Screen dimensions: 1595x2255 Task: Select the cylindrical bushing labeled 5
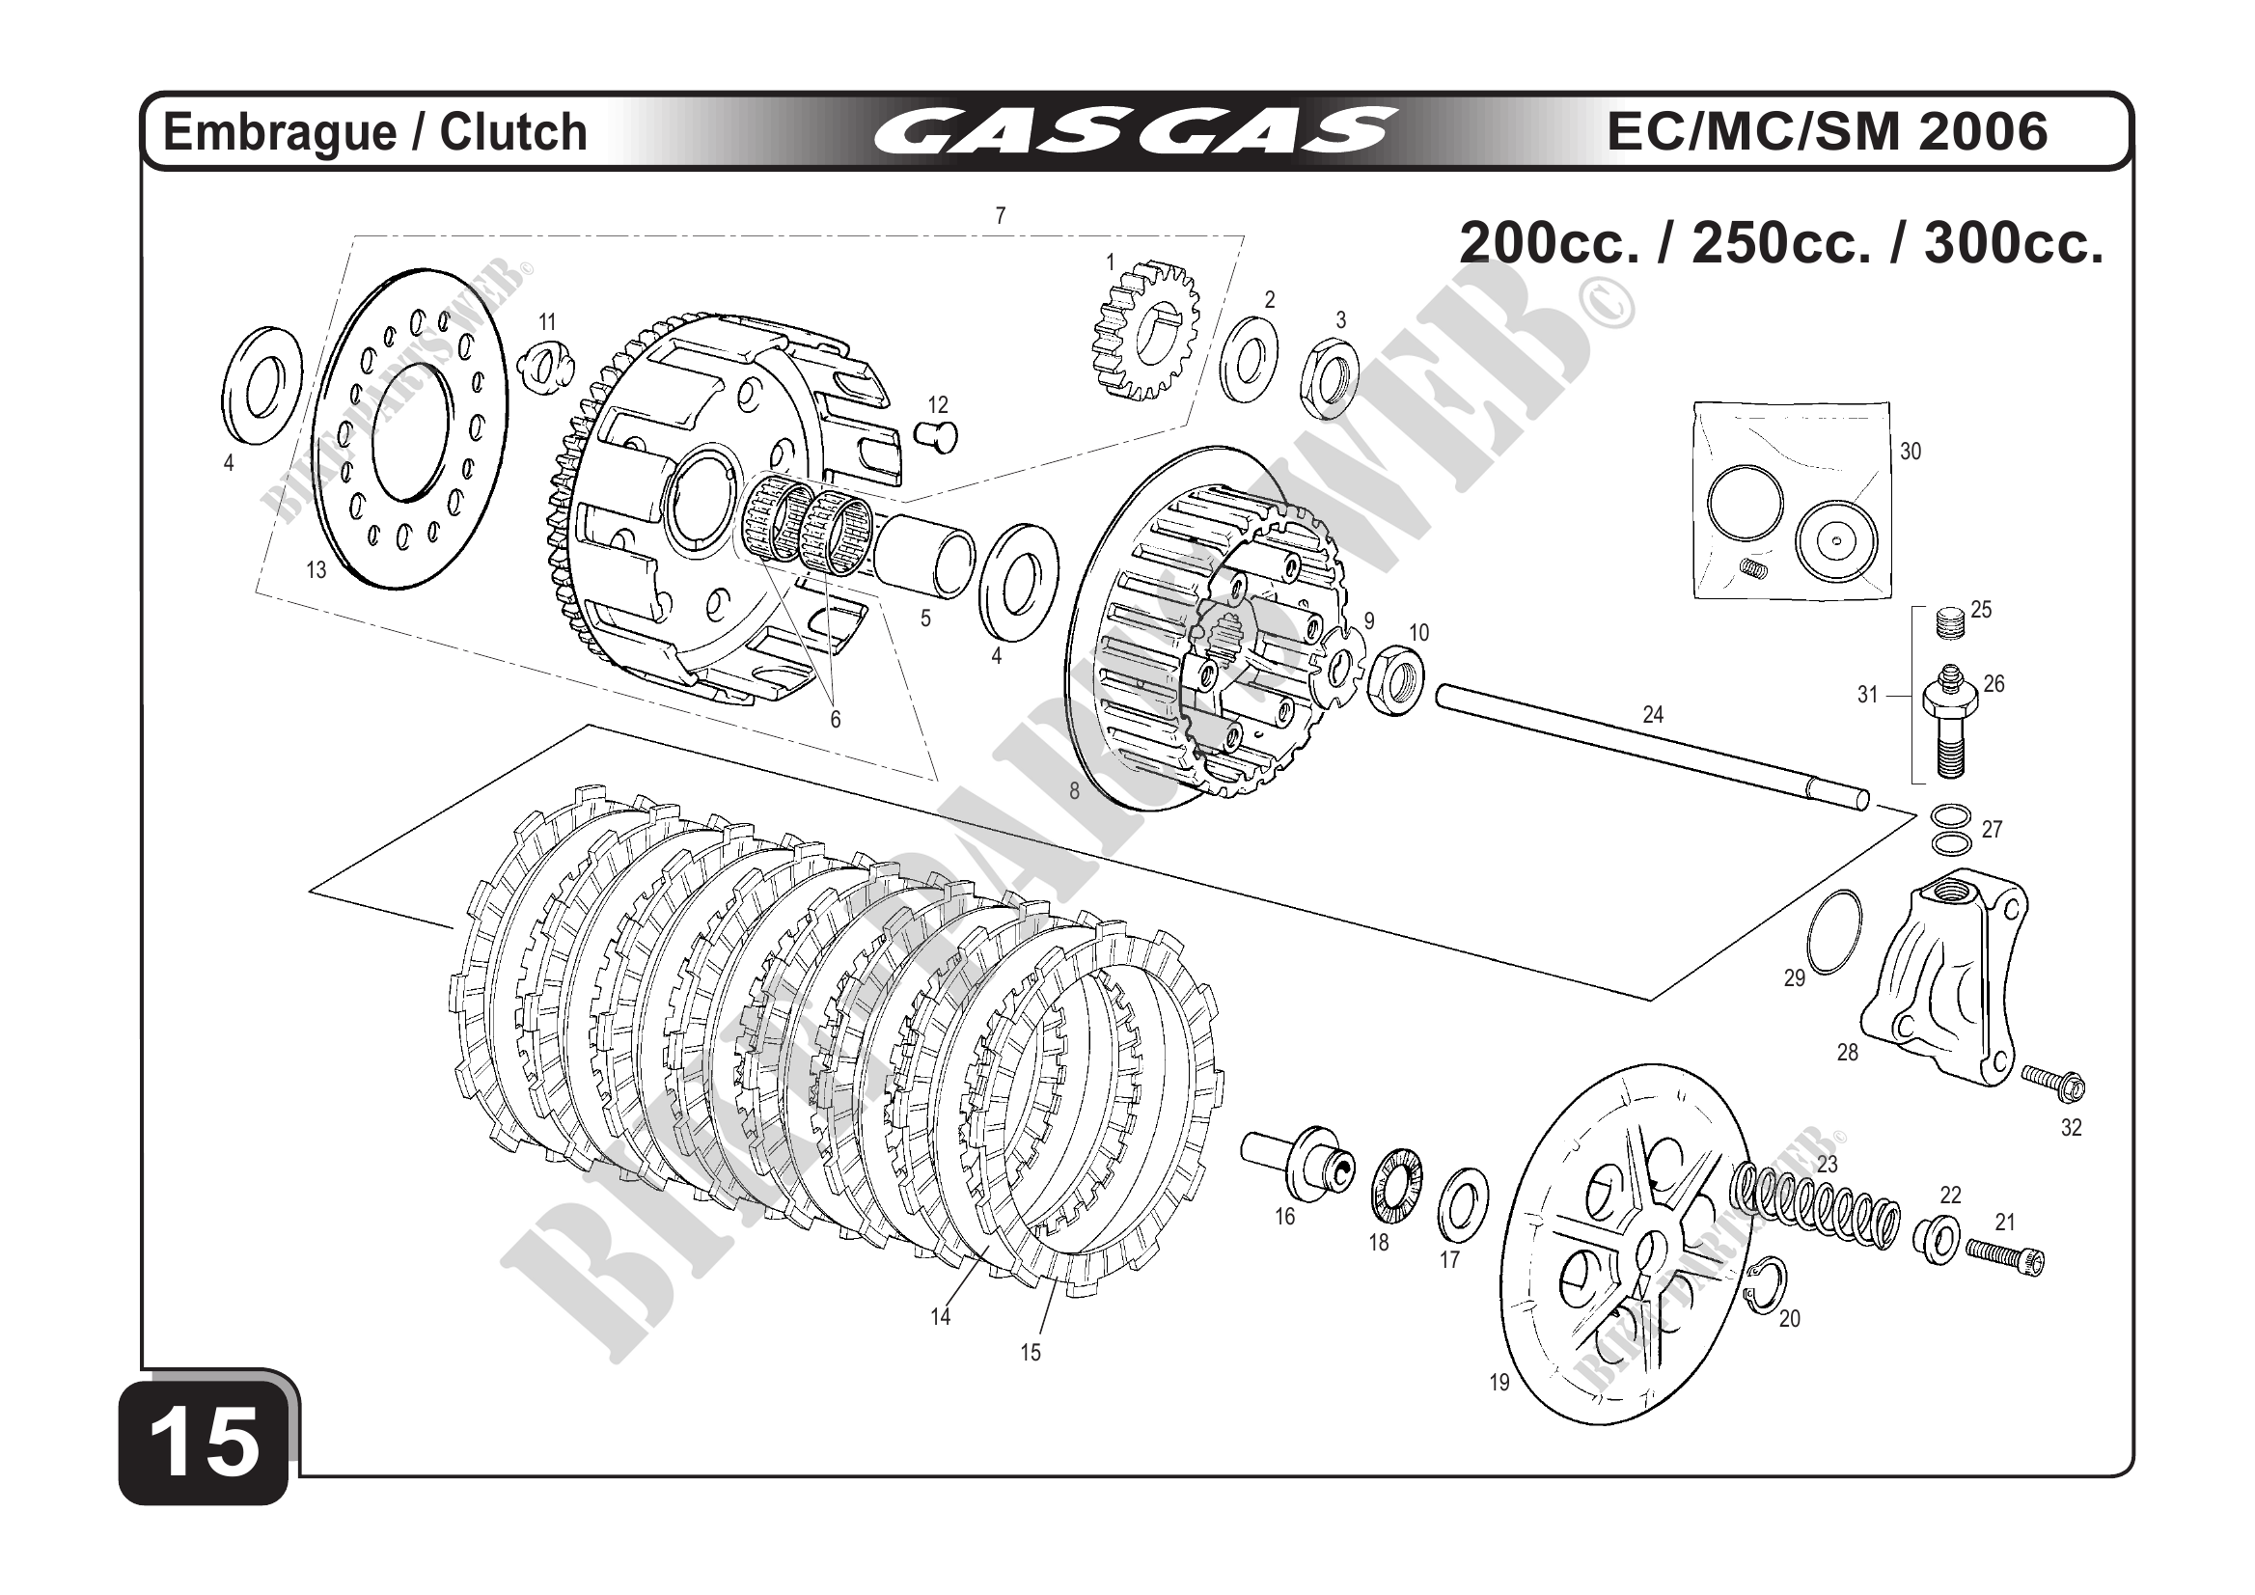[x=926, y=558]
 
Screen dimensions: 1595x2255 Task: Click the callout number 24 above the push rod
[x=1653, y=715]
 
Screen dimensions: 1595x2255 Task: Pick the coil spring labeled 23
[x=1818, y=1207]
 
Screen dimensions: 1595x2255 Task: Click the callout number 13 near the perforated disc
[x=316, y=569]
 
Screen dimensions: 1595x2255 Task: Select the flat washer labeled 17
[x=1463, y=1204]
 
